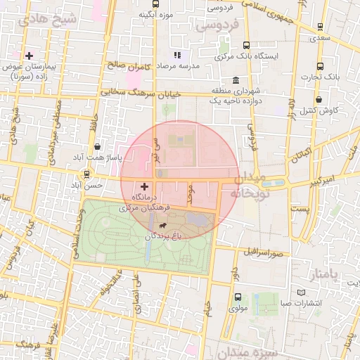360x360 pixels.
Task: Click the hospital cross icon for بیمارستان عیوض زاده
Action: point(29,56)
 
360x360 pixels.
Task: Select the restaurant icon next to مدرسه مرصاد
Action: point(177,54)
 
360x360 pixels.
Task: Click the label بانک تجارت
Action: point(324,77)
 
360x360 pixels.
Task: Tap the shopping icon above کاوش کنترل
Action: point(320,100)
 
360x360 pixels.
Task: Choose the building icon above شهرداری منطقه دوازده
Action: point(234,80)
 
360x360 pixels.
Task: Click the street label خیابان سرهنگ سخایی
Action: point(140,92)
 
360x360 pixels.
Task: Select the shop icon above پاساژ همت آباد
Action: point(96,147)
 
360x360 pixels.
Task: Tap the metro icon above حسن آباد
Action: point(87,174)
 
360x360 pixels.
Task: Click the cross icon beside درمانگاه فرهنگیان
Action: point(145,187)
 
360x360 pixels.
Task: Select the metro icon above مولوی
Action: point(237,297)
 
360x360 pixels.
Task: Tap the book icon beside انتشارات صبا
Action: point(302,292)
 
